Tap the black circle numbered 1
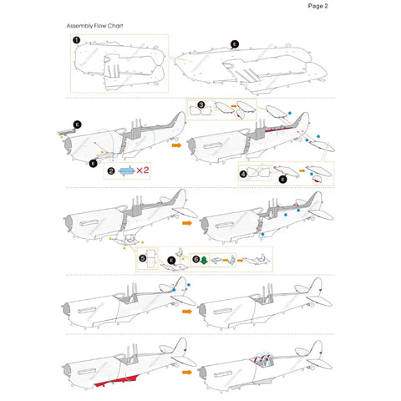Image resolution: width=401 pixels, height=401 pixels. tap(76, 39)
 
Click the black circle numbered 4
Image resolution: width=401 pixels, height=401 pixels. tap(243, 175)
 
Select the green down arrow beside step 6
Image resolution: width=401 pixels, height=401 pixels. tap(207, 260)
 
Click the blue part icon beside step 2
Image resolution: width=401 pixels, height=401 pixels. tap(124, 170)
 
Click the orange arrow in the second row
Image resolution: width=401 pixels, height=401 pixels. tap(176, 144)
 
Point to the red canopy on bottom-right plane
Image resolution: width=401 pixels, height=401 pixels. tap(261, 360)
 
